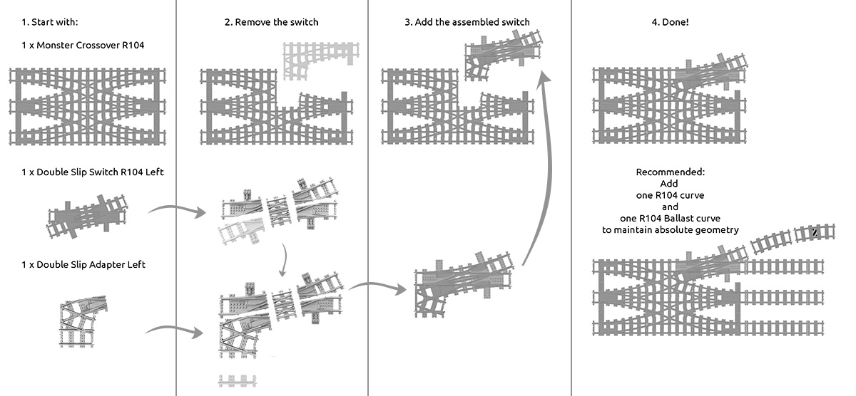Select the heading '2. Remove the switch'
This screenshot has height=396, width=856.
(271, 22)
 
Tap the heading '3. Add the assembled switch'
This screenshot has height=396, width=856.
(467, 22)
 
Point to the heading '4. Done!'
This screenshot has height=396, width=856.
(670, 22)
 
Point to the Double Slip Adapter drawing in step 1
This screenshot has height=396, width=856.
(84, 317)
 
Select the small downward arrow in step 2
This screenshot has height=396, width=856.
(285, 261)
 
